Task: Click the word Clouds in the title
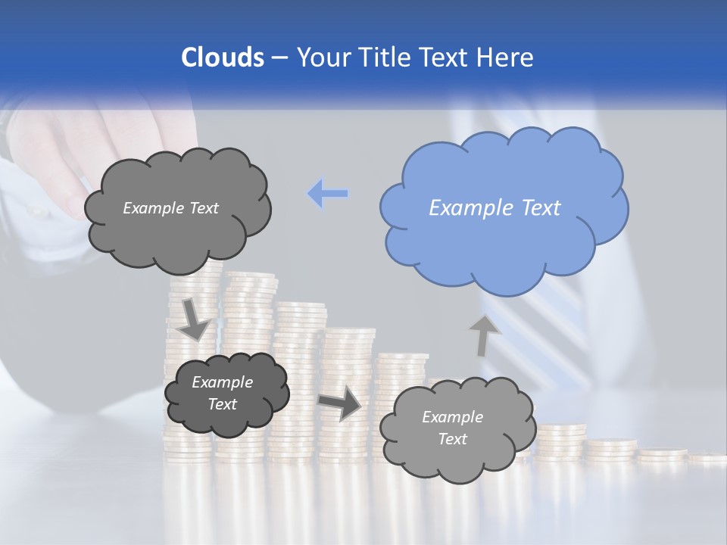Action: (x=222, y=58)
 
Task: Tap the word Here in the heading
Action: (x=506, y=58)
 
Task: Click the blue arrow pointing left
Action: (x=328, y=194)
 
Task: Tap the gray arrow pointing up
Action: (x=484, y=335)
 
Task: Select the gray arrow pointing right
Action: (x=340, y=403)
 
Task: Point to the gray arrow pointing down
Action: (x=194, y=319)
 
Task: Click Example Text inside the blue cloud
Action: (x=495, y=208)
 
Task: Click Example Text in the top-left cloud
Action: (x=170, y=208)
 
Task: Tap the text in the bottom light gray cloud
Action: (x=452, y=428)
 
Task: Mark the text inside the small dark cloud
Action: (x=222, y=394)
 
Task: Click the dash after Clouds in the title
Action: (x=278, y=58)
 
